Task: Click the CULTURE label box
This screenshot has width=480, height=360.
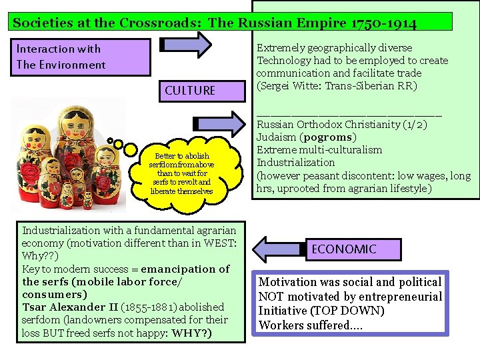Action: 190,90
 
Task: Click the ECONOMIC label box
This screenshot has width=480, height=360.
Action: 343,249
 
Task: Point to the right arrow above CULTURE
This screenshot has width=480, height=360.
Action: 186,45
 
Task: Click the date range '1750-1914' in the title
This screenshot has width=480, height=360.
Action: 384,23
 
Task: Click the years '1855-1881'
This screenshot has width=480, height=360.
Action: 145,307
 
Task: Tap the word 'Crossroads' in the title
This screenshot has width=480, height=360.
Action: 160,23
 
